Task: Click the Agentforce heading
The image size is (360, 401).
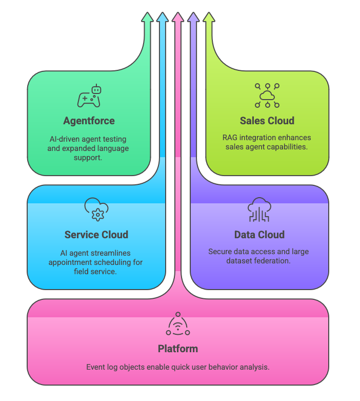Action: pyautogui.click(x=89, y=121)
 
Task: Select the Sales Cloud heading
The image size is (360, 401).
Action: pyautogui.click(x=267, y=121)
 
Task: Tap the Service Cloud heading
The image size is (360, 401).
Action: pyautogui.click(x=96, y=235)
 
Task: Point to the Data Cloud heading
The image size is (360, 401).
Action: pyautogui.click(x=259, y=235)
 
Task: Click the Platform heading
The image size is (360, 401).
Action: pyautogui.click(x=177, y=349)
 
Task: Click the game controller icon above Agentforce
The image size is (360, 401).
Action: pyautogui.click(x=89, y=97)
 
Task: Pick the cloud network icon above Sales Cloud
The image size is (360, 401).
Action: pyautogui.click(x=267, y=96)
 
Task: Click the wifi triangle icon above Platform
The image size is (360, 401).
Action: pyautogui.click(x=177, y=324)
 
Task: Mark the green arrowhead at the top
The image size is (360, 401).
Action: pyautogui.click(x=147, y=16)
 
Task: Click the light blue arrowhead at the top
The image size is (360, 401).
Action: pyautogui.click(x=162, y=16)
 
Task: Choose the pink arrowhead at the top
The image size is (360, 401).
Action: pyautogui.click(x=177, y=16)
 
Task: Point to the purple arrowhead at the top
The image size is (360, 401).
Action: pyautogui.click(x=193, y=16)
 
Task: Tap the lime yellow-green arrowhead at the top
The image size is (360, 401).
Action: pyautogui.click(x=208, y=16)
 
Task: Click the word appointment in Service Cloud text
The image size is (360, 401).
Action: pyautogui.click(x=69, y=262)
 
